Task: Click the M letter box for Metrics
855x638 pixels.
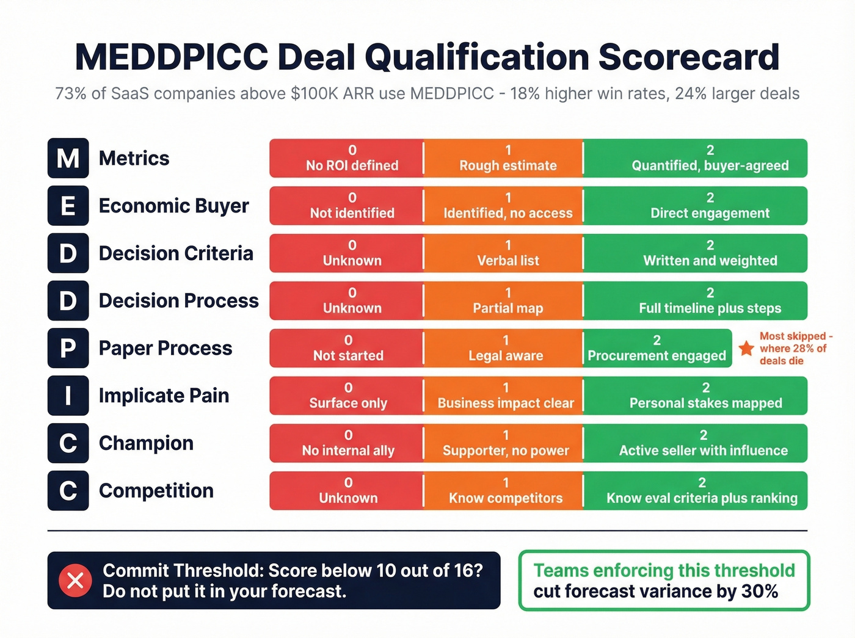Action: [x=68, y=158]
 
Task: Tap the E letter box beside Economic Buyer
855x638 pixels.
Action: [x=68, y=206]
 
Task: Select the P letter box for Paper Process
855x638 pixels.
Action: [x=68, y=348]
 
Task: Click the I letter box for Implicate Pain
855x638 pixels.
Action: [x=68, y=396]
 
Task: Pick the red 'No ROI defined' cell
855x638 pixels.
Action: [x=346, y=158]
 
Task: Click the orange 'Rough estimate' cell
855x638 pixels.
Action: [x=503, y=158]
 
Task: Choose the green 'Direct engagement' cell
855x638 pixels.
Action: [x=695, y=206]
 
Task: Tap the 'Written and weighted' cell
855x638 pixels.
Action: [x=695, y=253]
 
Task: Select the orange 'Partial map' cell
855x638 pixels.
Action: [x=503, y=301]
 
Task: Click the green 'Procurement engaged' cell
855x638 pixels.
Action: [x=657, y=348]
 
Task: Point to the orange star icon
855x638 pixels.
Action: [x=746, y=348]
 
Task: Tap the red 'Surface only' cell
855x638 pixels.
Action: [x=346, y=396]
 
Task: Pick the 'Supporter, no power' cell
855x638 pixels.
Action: [x=503, y=443]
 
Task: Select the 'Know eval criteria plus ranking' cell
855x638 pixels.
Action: [x=695, y=491]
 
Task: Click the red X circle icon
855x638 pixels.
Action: [x=75, y=581]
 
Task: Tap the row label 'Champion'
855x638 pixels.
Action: [x=146, y=443]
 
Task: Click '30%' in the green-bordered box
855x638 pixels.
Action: [x=760, y=591]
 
